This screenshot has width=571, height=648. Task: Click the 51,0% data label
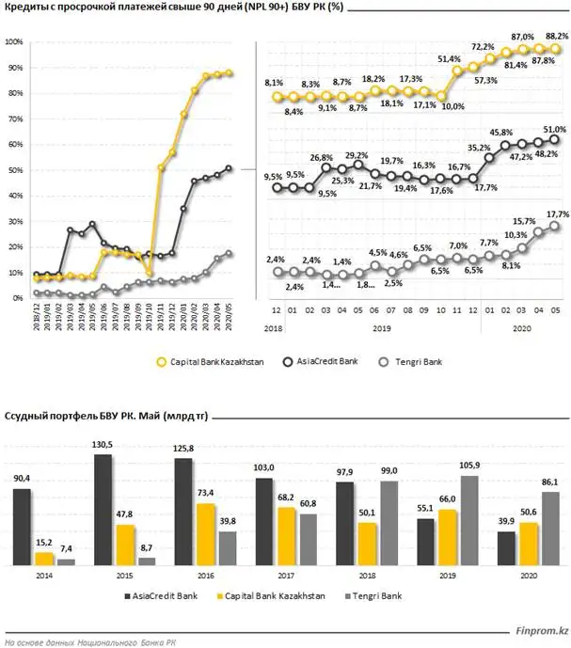[555, 129]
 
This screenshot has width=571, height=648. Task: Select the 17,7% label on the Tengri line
[555, 214]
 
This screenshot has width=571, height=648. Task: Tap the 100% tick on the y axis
[14, 43]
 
